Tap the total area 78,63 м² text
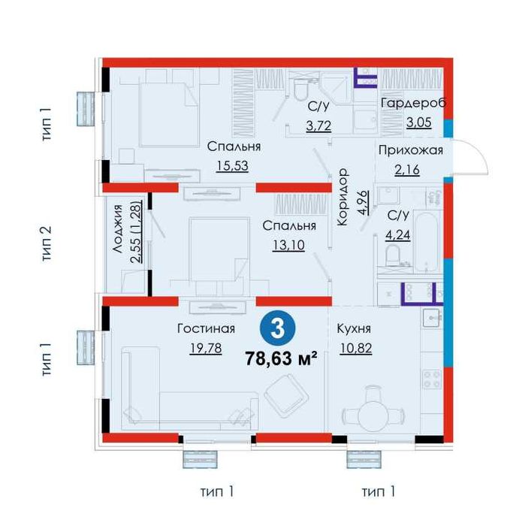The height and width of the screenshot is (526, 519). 281,359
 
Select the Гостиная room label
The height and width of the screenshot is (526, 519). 206,328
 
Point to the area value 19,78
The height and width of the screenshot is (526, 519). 206,348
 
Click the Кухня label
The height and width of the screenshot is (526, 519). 354,328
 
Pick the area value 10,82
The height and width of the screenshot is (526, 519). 356,348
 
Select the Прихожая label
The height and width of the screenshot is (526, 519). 411,150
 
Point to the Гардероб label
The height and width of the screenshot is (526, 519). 413,103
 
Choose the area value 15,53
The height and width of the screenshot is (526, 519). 232,166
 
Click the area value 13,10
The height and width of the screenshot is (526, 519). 288,245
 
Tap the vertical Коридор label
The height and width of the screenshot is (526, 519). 342,197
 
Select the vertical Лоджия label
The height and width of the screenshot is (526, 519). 118,228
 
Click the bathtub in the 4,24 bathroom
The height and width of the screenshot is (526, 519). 426,242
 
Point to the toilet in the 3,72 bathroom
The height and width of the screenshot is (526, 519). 302,88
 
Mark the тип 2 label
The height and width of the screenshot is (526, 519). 47,243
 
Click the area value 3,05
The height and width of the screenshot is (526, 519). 419,122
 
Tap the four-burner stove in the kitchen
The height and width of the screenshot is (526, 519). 432,379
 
